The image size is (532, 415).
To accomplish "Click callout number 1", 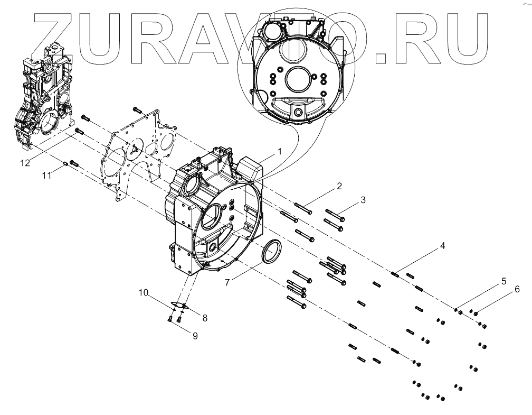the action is pos(280,151).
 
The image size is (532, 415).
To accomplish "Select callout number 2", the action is pos(339,186).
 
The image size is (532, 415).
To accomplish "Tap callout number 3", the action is pos(363,200).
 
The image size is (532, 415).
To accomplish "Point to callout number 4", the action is pos(443,246).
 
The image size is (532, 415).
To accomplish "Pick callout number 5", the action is pos(503,281).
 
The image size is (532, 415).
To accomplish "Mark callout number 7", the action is pos(227,283).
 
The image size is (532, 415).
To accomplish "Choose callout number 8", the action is pos(204,318).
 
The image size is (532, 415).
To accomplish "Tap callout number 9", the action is pos(195,335).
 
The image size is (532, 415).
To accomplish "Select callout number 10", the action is pos(144,292).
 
